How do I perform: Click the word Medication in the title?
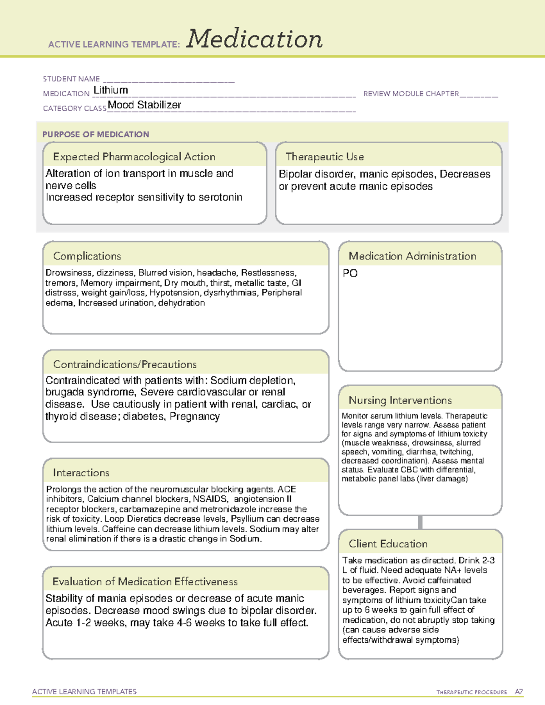[254, 39]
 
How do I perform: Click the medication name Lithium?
[110, 90]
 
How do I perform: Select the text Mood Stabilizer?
[144, 105]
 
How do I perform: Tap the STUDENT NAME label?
[71, 79]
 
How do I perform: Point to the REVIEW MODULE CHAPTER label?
[411, 94]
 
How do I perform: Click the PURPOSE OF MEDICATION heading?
[95, 134]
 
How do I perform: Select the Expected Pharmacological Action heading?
[134, 157]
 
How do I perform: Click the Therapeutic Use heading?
[324, 157]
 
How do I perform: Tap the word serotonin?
[220, 197]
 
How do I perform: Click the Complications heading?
[87, 256]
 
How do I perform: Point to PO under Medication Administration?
[350, 273]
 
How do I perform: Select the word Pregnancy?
[195, 416]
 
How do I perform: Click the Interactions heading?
[81, 473]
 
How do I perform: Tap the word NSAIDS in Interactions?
[210, 499]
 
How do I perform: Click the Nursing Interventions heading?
[400, 400]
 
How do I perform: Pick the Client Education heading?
[388, 544]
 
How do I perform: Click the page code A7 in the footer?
[519, 692]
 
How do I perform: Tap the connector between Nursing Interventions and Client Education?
[420, 522]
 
